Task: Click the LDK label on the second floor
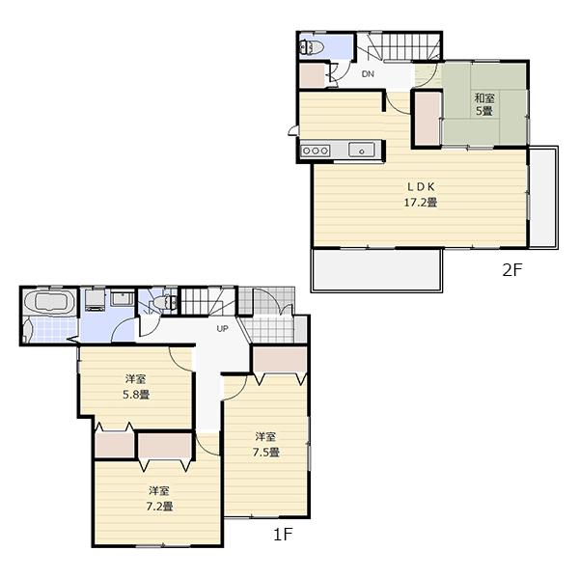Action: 420,186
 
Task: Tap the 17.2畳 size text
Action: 420,203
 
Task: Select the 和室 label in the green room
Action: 483,97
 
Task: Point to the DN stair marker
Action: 368,74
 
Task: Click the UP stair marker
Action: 222,329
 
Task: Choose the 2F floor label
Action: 510,271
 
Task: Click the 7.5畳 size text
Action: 267,452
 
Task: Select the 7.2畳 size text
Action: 159,506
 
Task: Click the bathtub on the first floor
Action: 48,305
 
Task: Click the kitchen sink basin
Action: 362,150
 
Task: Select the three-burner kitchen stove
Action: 316,150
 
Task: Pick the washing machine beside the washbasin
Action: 96,301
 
